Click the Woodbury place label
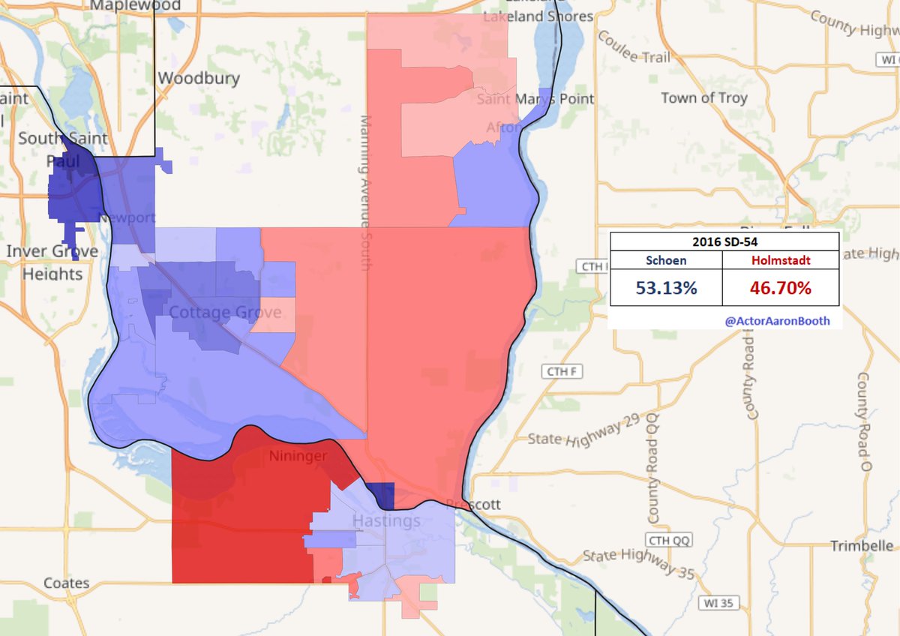coord(199,78)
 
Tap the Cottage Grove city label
coord(225,312)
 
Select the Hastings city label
coord(386,520)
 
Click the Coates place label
coord(66,583)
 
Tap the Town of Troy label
coord(704,97)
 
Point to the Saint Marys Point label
coord(536,98)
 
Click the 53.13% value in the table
coord(666,287)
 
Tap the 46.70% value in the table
coord(780,287)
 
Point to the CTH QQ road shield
coord(665,541)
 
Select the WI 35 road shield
coord(715,602)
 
